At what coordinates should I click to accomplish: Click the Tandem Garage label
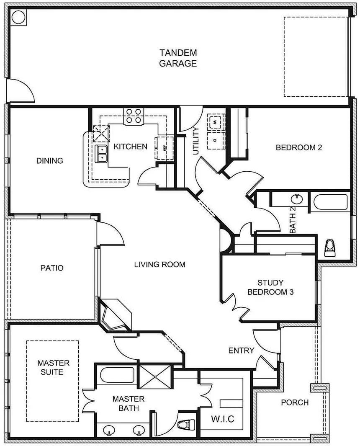pos(178,58)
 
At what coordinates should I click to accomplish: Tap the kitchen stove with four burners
pos(134,116)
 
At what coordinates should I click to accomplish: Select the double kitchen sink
pos(101,154)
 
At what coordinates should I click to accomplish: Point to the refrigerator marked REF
pos(164,148)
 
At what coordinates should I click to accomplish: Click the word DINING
pos(50,161)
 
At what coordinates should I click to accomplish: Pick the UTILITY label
pos(196,141)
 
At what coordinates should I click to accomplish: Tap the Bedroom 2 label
pos(299,148)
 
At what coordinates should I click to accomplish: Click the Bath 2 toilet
pos(330,248)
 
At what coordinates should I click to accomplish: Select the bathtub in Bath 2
pos(330,202)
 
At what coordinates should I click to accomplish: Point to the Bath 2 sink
pos(298,199)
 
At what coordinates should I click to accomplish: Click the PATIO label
pos(52,268)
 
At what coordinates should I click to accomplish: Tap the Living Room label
pos(160,265)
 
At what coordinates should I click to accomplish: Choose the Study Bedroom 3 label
pos(270,287)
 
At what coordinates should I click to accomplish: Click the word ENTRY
pos(242,351)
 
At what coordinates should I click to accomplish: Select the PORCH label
pos(295,402)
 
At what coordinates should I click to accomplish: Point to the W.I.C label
pos(223,419)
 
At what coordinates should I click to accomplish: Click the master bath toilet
pos(186,425)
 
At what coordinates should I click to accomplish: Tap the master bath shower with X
pos(155,377)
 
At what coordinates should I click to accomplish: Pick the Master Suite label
pos(53,368)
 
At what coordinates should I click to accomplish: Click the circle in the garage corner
pos(18,17)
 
